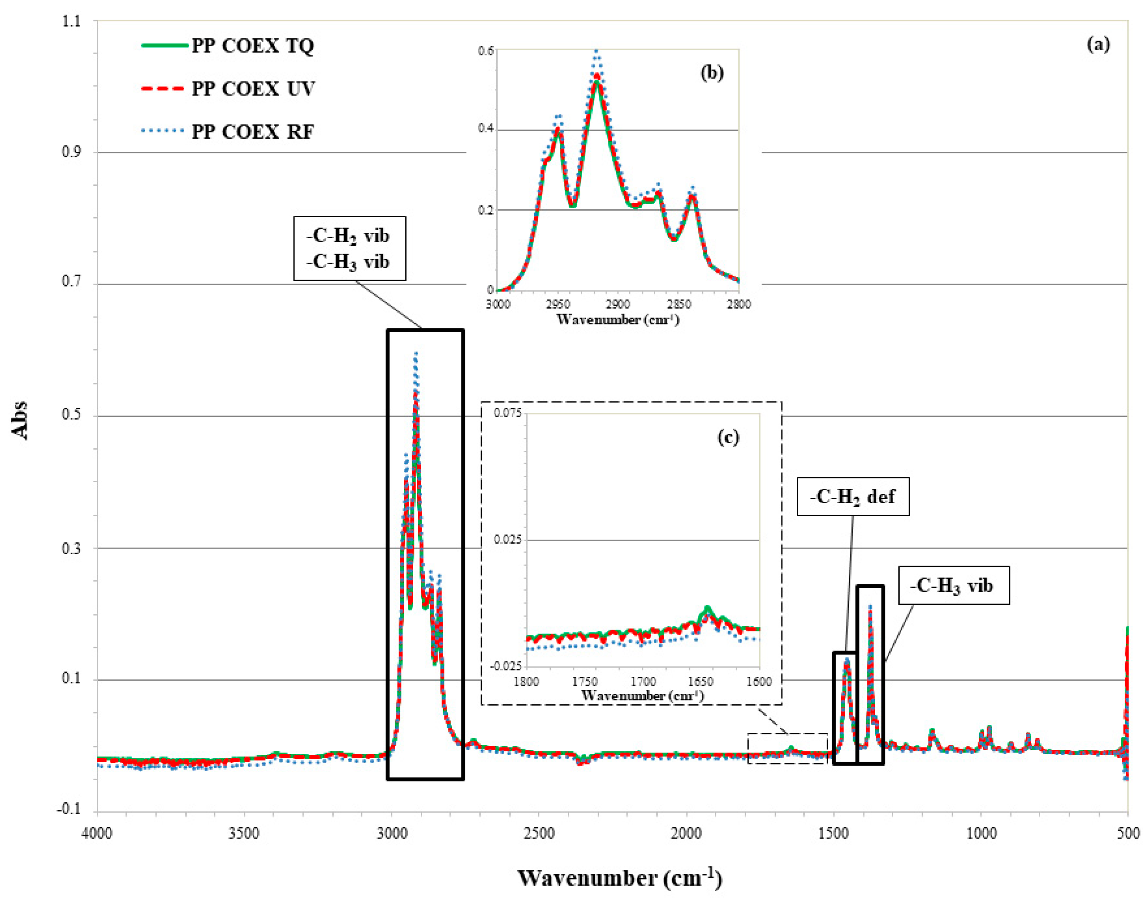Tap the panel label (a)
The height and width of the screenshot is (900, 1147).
1098,45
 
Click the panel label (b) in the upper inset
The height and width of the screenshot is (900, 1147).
712,73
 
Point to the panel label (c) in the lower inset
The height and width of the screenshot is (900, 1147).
728,437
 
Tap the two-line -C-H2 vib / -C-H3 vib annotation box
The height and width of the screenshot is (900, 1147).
349,248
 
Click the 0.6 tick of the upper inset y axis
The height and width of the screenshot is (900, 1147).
486,51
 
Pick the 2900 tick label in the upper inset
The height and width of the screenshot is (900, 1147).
618,304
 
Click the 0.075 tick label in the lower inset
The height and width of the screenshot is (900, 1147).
507,412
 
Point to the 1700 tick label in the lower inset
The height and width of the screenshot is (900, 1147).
642,682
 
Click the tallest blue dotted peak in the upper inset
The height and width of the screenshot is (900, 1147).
597,51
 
